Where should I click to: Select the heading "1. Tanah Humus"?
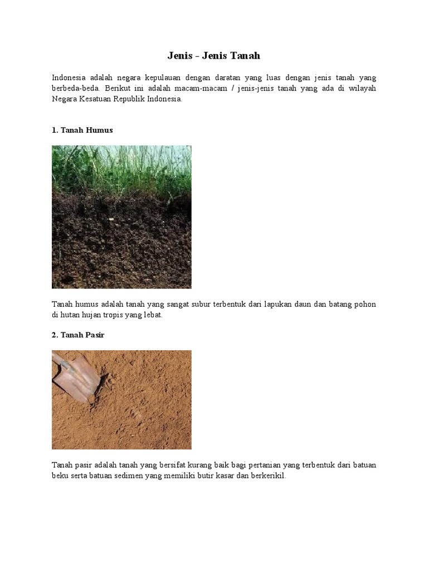click(82, 130)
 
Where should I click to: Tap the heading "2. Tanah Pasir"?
click(78, 335)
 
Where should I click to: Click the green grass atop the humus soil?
click(121, 167)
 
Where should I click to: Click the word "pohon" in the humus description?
click(365, 304)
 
